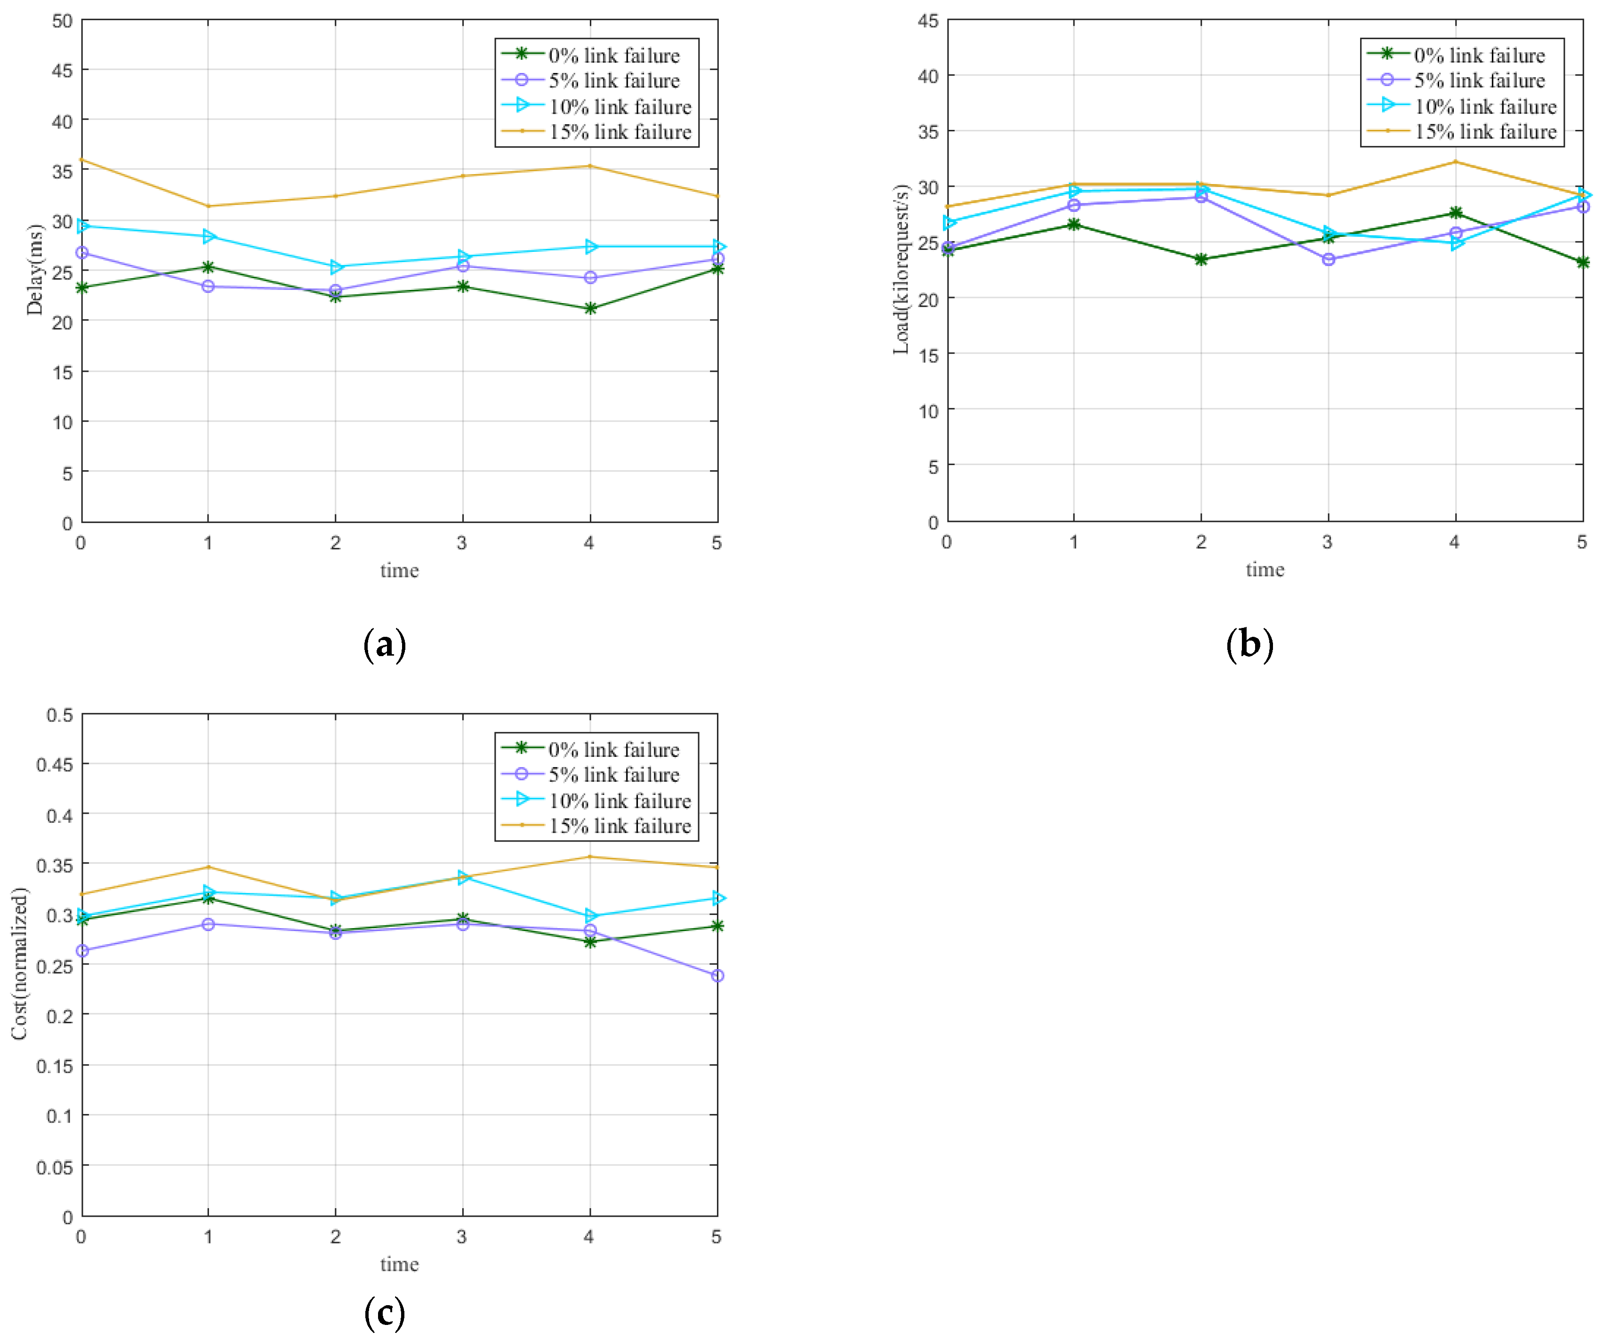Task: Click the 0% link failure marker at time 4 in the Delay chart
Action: pos(589,308)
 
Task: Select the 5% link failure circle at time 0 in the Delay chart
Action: pos(81,253)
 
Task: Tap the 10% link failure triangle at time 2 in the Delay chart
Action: pos(336,267)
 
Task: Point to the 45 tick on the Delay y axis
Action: pos(63,70)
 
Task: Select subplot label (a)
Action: pos(385,645)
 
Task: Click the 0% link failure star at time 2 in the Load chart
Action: pos(1201,259)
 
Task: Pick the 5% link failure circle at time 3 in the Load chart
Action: pos(1328,259)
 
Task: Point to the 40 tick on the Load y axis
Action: pos(928,76)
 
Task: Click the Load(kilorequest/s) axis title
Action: pos(902,269)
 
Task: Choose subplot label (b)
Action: pos(1249,645)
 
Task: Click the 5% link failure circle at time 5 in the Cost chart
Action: pos(717,976)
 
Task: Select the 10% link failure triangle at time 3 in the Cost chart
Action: pos(463,877)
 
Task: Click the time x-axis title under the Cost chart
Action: pos(399,1264)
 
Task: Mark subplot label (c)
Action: pos(385,1313)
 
